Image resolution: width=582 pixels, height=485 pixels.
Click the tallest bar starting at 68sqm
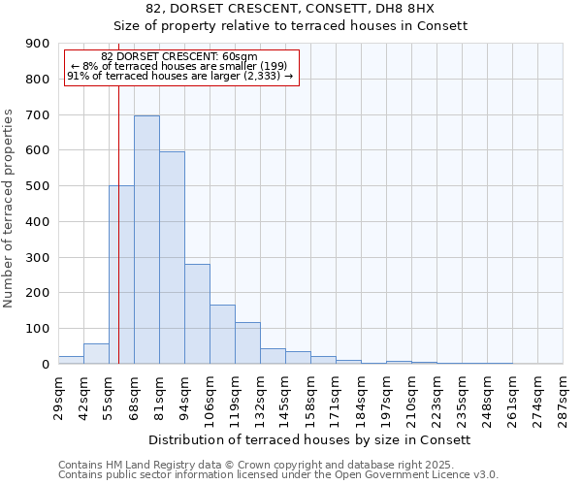click(x=146, y=240)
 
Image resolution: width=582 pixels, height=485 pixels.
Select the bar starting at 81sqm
click(x=172, y=257)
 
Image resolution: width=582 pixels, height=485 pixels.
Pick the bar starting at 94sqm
click(x=197, y=313)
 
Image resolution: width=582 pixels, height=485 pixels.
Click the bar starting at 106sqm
click(x=222, y=334)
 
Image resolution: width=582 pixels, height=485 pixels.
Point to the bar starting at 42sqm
click(x=96, y=354)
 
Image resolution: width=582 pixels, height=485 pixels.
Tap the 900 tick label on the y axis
click(x=38, y=44)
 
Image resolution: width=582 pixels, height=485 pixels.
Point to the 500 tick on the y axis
click(x=38, y=186)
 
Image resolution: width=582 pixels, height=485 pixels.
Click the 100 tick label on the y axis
click(x=38, y=329)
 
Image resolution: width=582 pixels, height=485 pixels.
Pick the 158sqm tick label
click(x=310, y=396)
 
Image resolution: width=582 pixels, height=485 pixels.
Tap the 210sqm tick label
click(x=411, y=396)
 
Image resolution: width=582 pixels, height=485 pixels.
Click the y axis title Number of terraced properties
click(x=10, y=209)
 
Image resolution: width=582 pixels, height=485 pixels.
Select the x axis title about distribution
click(x=310, y=439)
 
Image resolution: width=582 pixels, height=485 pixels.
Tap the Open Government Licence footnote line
click(x=278, y=475)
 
